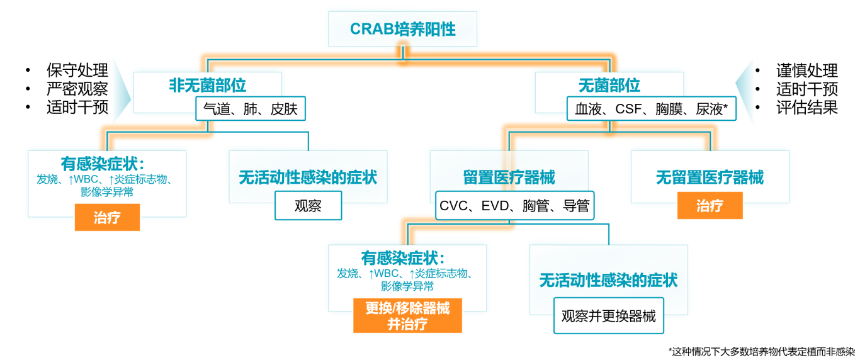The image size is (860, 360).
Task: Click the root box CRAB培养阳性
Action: pyautogui.click(x=402, y=29)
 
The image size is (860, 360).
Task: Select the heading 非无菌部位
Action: pyautogui.click(x=207, y=85)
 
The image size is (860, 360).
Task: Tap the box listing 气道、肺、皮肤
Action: pyautogui.click(x=251, y=109)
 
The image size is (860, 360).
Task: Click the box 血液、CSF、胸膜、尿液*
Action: pyautogui.click(x=651, y=109)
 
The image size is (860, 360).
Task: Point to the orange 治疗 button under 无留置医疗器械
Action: pyautogui.click(x=710, y=206)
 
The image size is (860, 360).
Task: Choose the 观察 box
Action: pyautogui.click(x=308, y=206)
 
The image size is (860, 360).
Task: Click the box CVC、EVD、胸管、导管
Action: pyautogui.click(x=514, y=206)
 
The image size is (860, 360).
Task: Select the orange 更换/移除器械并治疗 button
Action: pyautogui.click(x=407, y=315)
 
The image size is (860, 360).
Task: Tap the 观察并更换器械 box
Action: pyautogui.click(x=609, y=316)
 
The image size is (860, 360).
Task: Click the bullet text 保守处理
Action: pyautogui.click(x=77, y=70)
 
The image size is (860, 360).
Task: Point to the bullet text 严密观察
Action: pyautogui.click(x=77, y=89)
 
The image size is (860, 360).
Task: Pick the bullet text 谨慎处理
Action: pyautogui.click(x=806, y=70)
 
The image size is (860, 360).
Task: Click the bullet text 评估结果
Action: pyautogui.click(x=806, y=108)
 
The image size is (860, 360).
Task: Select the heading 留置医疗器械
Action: pyautogui.click(x=509, y=177)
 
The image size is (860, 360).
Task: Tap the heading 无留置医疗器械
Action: pyautogui.click(x=710, y=177)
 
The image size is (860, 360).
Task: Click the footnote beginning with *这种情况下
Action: pyautogui.click(x=762, y=352)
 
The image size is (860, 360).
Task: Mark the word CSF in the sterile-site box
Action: pyautogui.click(x=628, y=109)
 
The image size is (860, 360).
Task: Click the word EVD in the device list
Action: pyautogui.click(x=495, y=206)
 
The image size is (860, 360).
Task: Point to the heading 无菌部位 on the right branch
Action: pyautogui.click(x=609, y=85)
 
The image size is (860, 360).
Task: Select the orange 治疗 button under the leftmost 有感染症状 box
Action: pyautogui.click(x=107, y=218)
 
